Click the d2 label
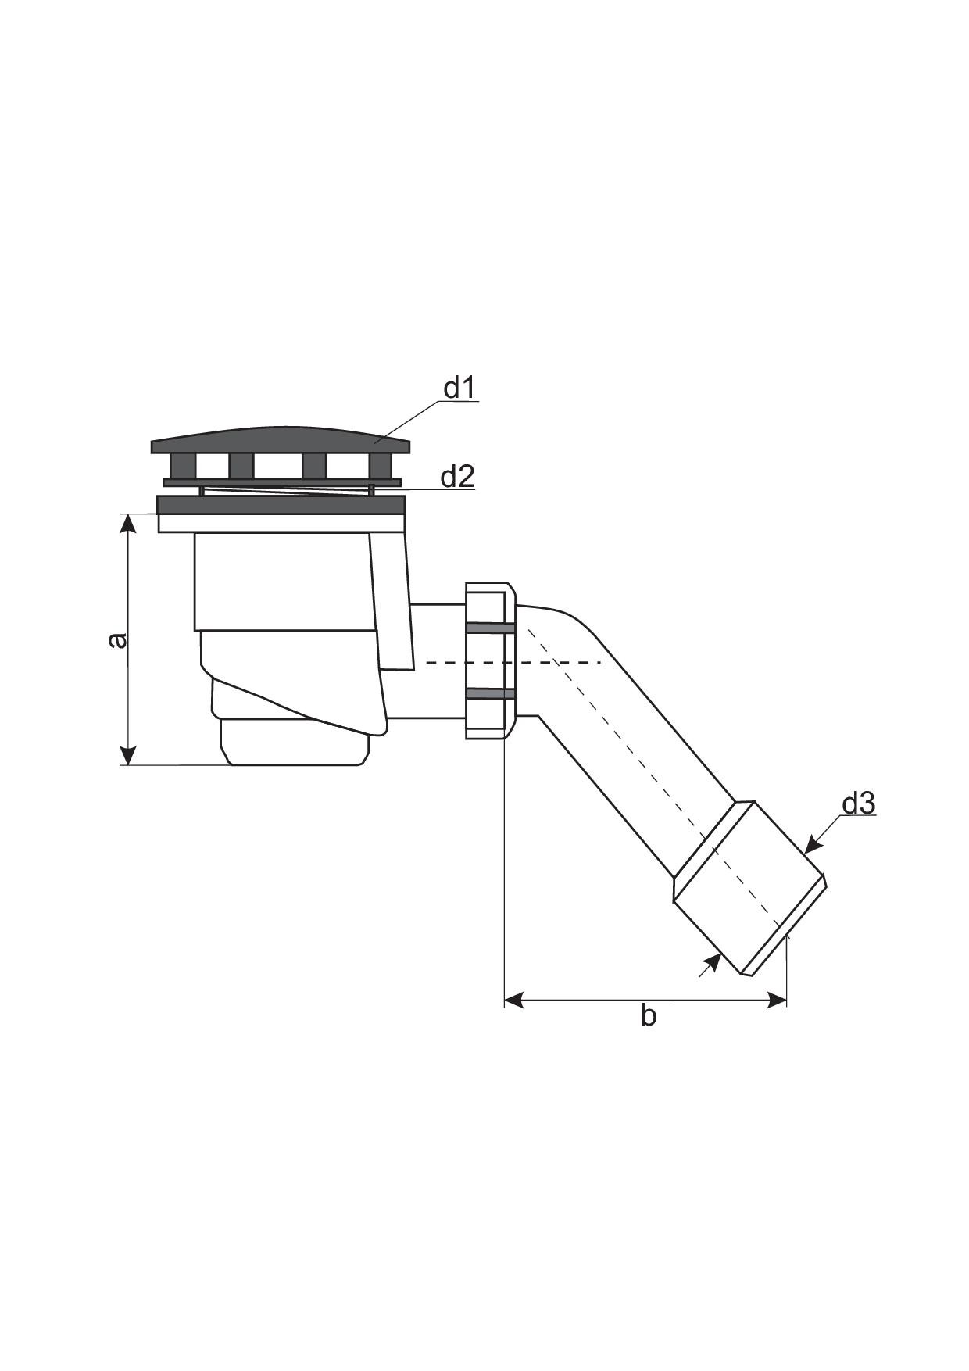(457, 476)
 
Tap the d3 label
(858, 804)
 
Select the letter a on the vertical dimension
(116, 640)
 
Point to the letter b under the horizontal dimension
(648, 1015)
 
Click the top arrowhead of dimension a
(129, 524)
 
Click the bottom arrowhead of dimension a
(129, 755)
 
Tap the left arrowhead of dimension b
(514, 1000)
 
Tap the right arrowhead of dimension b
(777, 1000)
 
